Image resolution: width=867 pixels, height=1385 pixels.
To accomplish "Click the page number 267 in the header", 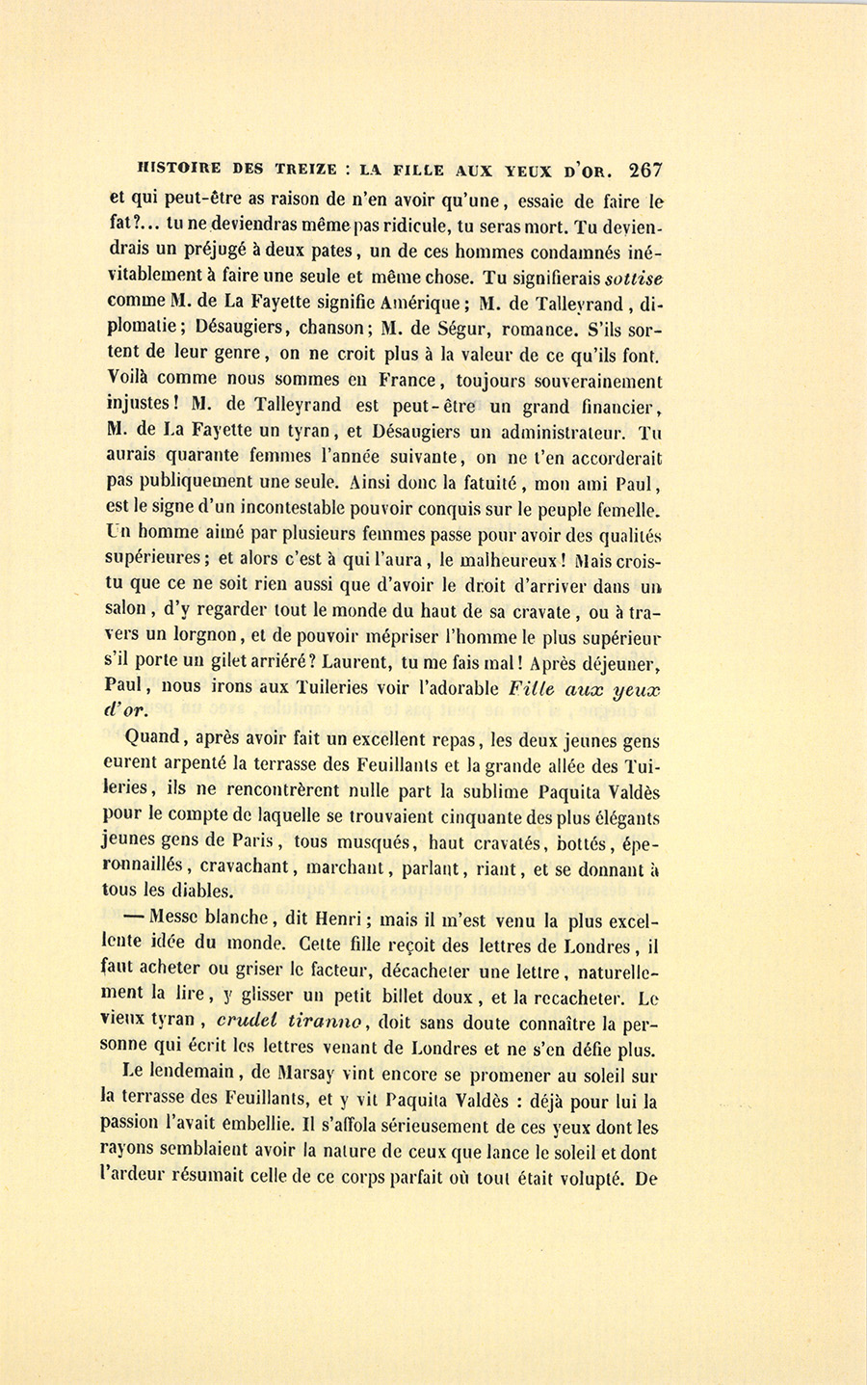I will tap(644, 171).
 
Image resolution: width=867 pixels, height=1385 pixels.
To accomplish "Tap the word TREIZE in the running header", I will tap(297, 171).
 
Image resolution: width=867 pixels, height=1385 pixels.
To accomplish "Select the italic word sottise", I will tap(632, 279).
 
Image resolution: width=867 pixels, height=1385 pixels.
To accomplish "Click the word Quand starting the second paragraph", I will tap(154, 738).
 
